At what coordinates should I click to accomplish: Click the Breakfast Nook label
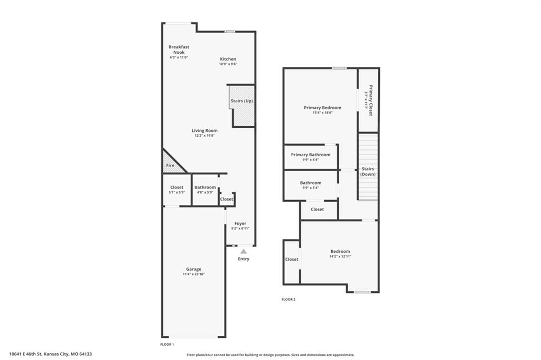tap(179, 49)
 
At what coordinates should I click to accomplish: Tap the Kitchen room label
tap(228, 59)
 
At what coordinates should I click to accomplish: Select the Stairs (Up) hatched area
tap(242, 106)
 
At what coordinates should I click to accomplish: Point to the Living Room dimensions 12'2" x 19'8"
tap(204, 136)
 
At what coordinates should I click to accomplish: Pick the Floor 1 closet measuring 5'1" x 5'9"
tap(176, 190)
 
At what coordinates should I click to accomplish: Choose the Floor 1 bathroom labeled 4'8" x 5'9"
tap(205, 190)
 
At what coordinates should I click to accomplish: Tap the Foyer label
tap(240, 223)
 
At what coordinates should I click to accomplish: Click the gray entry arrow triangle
tap(244, 251)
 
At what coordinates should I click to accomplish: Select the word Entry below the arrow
tap(244, 259)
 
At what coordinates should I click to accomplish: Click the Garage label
tap(193, 269)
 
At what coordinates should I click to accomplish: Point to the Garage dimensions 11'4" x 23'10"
tap(193, 274)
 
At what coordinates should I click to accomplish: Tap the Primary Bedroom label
tap(323, 108)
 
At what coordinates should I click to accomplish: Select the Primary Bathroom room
tap(311, 157)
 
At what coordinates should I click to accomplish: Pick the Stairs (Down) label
tap(368, 172)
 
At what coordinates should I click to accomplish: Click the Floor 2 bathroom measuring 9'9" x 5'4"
tap(311, 185)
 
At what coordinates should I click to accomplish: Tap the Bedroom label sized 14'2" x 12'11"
tap(340, 251)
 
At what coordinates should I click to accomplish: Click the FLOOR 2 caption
tap(288, 299)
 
